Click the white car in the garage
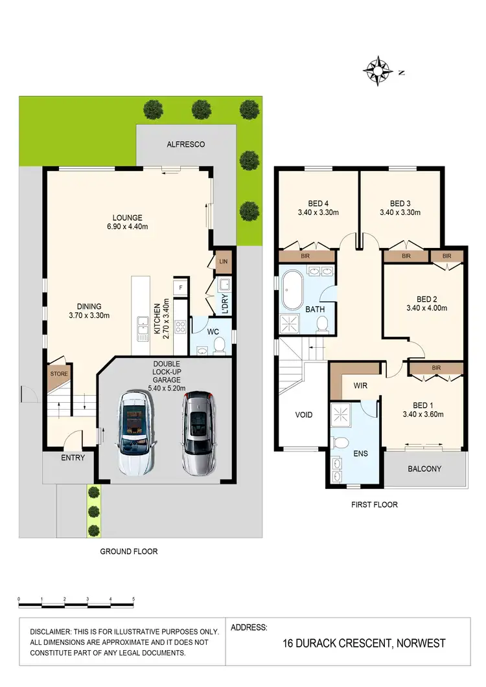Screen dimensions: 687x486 pos(137,433)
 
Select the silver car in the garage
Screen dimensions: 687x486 pos(198,432)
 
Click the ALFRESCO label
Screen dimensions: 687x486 pos(185,144)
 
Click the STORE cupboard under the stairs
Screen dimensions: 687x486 pos(59,374)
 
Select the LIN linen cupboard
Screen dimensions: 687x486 pos(224,261)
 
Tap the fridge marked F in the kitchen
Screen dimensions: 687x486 pos(181,285)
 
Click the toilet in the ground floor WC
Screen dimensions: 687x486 pos(220,343)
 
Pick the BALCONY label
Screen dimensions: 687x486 pos(424,469)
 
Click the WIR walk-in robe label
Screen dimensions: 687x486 pos(361,385)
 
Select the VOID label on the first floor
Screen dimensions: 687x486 pos(304,414)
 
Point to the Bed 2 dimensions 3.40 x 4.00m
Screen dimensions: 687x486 pos(424,308)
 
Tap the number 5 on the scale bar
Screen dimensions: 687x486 pos(133,599)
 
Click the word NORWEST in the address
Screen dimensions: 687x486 pos(418,643)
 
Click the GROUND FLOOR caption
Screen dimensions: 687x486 pos(128,552)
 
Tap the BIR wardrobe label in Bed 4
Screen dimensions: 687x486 pos(305,257)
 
